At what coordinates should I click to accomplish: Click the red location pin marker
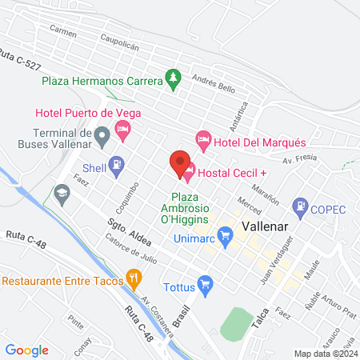(180, 161)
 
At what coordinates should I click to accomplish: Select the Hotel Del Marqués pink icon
(203, 141)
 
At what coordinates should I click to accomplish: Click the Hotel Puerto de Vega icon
(122, 128)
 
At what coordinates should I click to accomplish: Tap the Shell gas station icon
(117, 166)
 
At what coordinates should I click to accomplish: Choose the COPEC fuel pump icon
(301, 207)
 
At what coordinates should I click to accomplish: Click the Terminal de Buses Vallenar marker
(102, 137)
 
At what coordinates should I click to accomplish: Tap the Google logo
(26, 350)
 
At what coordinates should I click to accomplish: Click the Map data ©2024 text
(325, 353)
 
